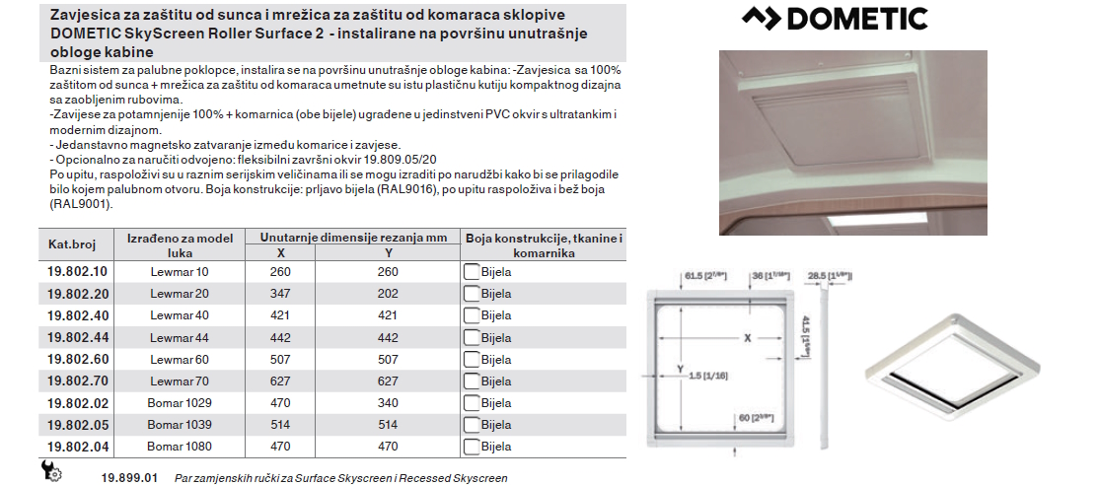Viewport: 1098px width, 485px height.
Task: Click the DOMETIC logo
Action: click(835, 19)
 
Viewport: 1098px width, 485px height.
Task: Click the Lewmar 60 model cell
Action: click(180, 359)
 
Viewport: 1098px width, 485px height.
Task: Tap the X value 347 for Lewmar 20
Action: click(281, 294)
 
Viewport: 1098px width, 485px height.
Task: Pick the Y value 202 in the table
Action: click(388, 294)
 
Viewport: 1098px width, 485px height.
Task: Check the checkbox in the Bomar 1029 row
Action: click(472, 403)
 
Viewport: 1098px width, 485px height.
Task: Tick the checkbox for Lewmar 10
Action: click(472, 272)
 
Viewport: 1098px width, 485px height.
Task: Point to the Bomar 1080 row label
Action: click(180, 447)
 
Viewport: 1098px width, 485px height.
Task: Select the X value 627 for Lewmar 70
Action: click(281, 381)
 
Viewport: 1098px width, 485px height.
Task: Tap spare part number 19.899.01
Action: click(129, 478)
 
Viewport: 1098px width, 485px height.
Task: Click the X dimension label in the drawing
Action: click(747, 337)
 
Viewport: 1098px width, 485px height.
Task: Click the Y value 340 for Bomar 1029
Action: click(388, 403)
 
